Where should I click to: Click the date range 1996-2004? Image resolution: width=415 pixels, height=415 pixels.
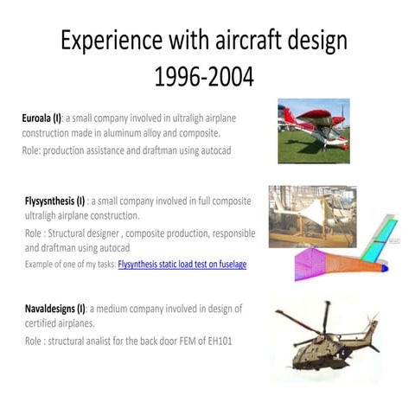[x=203, y=76]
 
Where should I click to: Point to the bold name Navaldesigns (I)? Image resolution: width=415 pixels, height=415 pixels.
[x=54, y=309]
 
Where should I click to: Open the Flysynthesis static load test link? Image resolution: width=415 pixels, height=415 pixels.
[x=182, y=264]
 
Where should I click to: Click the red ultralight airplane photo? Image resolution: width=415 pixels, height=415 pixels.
[x=313, y=131]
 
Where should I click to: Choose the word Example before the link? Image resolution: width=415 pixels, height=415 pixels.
[x=41, y=264]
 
